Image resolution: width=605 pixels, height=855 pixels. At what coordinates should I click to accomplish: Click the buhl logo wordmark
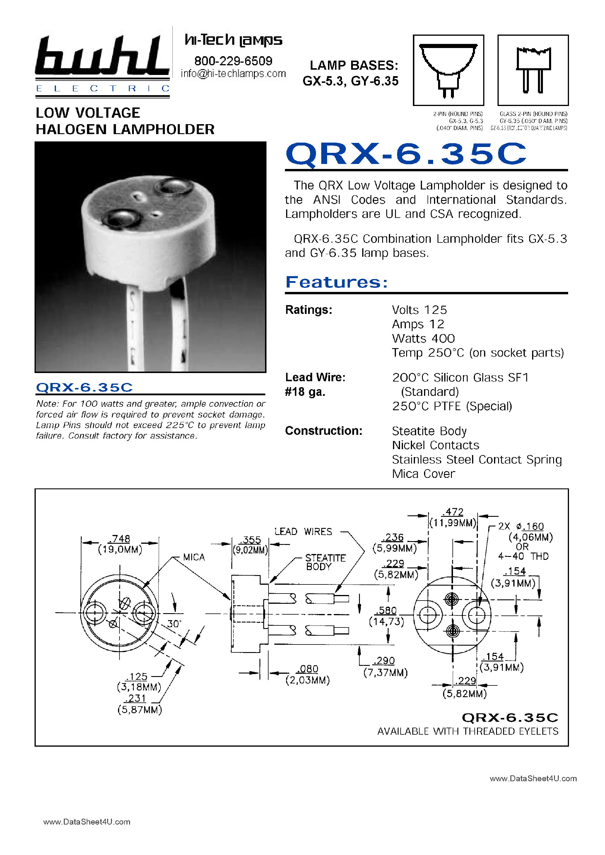pyautogui.click(x=102, y=56)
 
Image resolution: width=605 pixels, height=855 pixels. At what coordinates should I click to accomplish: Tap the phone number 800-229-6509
pyautogui.click(x=233, y=61)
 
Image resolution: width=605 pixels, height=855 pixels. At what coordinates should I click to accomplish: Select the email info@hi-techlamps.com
pyautogui.click(x=233, y=74)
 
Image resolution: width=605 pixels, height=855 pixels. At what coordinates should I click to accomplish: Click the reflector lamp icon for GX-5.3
pyautogui.click(x=448, y=70)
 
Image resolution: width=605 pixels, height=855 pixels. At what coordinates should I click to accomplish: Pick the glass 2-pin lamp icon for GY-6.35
pyautogui.click(x=533, y=70)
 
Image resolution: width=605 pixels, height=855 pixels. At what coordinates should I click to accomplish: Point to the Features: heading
pyautogui.click(x=336, y=282)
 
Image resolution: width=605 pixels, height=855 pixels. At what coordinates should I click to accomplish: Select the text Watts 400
pyautogui.click(x=423, y=338)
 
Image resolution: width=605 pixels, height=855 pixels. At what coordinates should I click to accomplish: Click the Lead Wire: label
pyautogui.click(x=315, y=377)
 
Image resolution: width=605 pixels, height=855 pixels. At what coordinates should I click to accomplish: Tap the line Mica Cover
pyautogui.click(x=423, y=474)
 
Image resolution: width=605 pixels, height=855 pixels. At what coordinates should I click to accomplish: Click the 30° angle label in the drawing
pyautogui.click(x=174, y=623)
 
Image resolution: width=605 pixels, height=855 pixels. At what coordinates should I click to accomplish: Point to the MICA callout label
pyautogui.click(x=194, y=557)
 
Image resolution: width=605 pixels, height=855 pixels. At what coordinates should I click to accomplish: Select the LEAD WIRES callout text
pyautogui.click(x=303, y=531)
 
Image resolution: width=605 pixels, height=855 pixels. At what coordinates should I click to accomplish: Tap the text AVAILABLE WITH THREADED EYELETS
pyautogui.click(x=468, y=731)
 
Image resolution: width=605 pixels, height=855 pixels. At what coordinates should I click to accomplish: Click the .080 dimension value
pyautogui.click(x=308, y=669)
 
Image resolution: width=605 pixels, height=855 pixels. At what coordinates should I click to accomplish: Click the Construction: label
pyautogui.click(x=323, y=431)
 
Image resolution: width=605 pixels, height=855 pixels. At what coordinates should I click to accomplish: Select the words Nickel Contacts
pyautogui.click(x=435, y=445)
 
